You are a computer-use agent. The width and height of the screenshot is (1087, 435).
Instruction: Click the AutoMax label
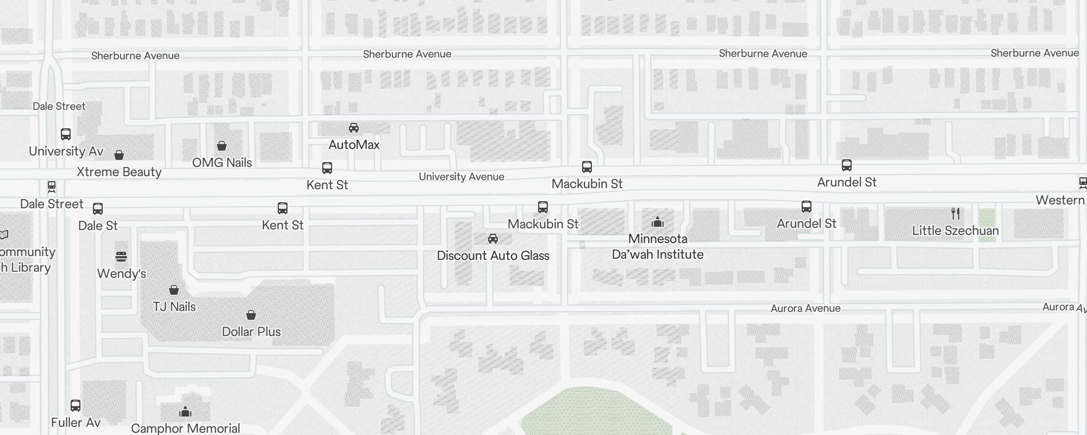[x=354, y=145]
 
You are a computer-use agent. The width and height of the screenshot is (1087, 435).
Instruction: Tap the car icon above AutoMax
[x=354, y=128]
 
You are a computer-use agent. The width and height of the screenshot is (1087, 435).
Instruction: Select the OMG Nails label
[x=222, y=163]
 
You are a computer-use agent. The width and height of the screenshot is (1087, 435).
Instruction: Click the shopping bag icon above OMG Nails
[x=222, y=146]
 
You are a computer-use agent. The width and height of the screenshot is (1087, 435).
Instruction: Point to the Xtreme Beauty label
[x=119, y=172]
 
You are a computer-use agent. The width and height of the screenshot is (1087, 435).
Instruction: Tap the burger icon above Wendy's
[x=121, y=257]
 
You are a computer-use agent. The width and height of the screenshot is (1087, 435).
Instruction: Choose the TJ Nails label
[x=174, y=307]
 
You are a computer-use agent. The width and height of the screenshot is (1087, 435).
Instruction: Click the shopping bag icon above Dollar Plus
[x=251, y=315]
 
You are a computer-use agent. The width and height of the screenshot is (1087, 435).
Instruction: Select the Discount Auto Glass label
[x=493, y=256]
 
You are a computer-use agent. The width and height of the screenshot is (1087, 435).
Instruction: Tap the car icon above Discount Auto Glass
[x=493, y=239]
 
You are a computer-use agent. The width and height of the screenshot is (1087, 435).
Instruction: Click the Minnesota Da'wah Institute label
[x=658, y=247]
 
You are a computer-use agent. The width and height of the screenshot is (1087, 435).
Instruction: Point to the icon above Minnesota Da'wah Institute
[x=658, y=222]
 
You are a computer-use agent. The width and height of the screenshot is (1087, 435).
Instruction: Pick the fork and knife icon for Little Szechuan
[x=955, y=214]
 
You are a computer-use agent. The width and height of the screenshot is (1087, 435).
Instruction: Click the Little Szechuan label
[x=955, y=231]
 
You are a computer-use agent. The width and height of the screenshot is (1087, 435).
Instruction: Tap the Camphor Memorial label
[x=185, y=428]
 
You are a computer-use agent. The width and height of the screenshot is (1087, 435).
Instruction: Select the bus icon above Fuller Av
[x=76, y=406]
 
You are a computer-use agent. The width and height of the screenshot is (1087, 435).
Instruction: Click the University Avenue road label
[x=461, y=177]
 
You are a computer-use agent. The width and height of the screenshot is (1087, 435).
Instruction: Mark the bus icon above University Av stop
[x=66, y=134]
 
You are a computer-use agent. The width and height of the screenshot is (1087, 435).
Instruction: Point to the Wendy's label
[x=121, y=274]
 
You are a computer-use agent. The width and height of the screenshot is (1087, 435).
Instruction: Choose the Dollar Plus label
[x=251, y=332]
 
